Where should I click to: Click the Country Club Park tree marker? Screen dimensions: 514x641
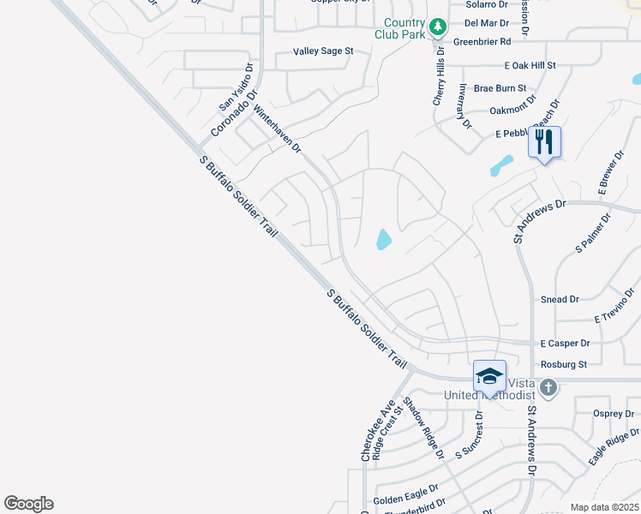click(x=438, y=27)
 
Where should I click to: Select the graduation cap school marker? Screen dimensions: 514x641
click(x=489, y=376)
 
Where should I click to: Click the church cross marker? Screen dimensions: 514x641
click(x=548, y=389)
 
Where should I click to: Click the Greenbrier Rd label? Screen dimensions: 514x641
click(x=482, y=40)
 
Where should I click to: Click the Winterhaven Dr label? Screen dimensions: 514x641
click(x=277, y=128)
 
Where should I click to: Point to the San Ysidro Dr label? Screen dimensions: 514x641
click(x=237, y=87)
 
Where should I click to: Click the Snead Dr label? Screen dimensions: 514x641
click(x=560, y=300)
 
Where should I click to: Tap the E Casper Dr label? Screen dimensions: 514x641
click(x=565, y=343)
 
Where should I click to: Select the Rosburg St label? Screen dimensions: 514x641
click(x=563, y=364)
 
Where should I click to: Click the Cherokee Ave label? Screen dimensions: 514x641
click(x=378, y=430)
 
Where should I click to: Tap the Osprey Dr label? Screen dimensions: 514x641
click(x=612, y=413)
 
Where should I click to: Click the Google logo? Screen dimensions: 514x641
click(x=28, y=504)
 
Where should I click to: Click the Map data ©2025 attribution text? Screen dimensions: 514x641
click(x=604, y=507)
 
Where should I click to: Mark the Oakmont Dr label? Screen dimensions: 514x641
click(x=512, y=110)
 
